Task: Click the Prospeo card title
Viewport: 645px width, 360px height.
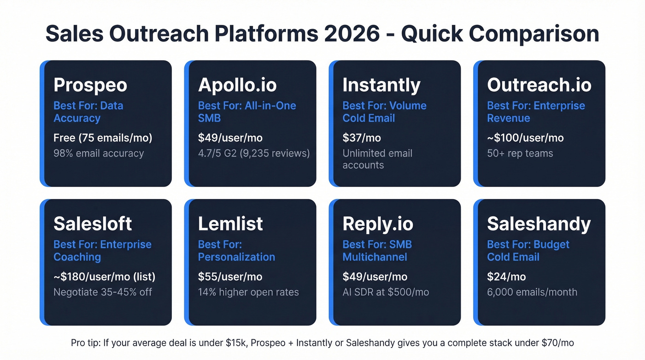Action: pyautogui.click(x=90, y=85)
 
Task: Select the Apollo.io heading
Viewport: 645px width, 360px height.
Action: pyautogui.click(x=237, y=85)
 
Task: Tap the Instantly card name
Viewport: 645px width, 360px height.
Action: pyautogui.click(x=381, y=85)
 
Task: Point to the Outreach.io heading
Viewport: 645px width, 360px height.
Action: pyautogui.click(x=539, y=85)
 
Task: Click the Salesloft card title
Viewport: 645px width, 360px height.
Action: pyautogui.click(x=93, y=224)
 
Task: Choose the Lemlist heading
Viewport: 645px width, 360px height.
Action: pyautogui.click(x=230, y=224)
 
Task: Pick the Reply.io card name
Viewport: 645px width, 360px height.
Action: pyautogui.click(x=378, y=224)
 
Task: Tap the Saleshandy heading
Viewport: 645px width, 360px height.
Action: pyautogui.click(x=539, y=224)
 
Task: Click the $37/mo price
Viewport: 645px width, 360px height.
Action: pyautogui.click(x=362, y=138)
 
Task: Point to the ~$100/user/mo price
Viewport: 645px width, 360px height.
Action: pyautogui.click(x=525, y=138)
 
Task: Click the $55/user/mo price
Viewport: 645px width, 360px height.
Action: pyautogui.click(x=230, y=277)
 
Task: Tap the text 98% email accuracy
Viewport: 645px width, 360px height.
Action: pyautogui.click(x=99, y=153)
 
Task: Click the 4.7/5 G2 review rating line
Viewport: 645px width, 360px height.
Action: pyautogui.click(x=254, y=153)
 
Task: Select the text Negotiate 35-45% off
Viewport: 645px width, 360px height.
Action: pyautogui.click(x=103, y=292)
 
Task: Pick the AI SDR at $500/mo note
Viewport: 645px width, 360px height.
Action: pyautogui.click(x=386, y=292)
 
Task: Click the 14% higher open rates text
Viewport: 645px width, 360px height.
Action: pyautogui.click(x=248, y=292)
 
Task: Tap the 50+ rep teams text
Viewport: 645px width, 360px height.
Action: pyautogui.click(x=520, y=153)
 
